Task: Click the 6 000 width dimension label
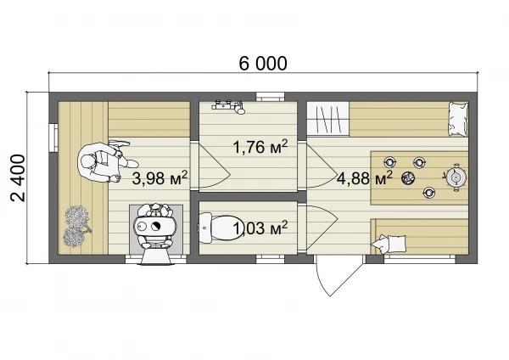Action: coord(263,64)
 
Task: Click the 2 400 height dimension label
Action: coord(18,178)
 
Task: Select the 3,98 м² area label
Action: coord(159,178)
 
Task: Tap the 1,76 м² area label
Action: coord(260,147)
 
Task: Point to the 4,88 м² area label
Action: coord(365,178)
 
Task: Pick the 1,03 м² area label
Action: coord(260,228)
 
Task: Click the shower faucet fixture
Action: coord(229,107)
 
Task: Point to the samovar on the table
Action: coord(456,177)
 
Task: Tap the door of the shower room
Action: coord(215,166)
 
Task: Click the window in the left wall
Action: coord(53,137)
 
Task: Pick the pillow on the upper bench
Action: coord(458,119)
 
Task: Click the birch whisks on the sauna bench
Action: coord(76,226)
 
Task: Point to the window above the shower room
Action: coord(270,97)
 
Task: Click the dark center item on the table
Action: coord(407,177)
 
